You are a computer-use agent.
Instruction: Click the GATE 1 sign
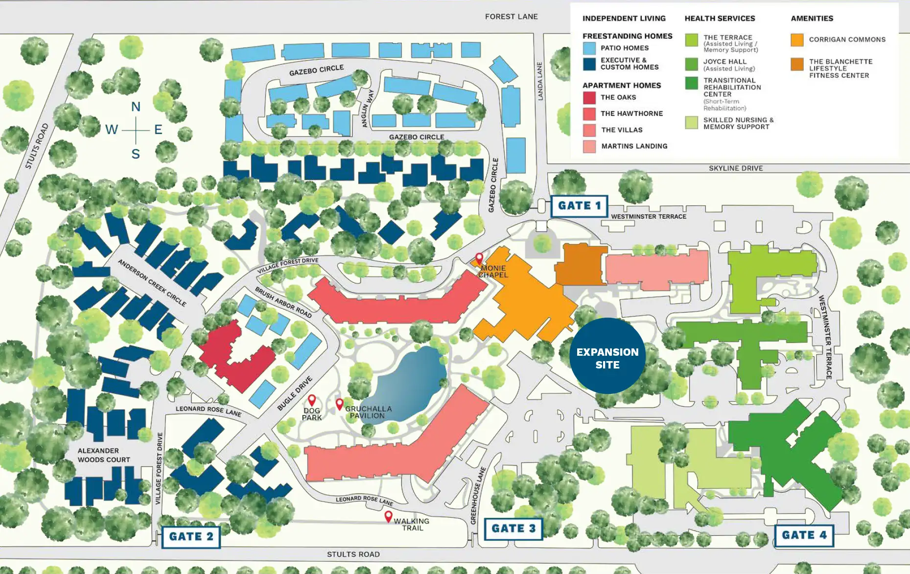(x=579, y=206)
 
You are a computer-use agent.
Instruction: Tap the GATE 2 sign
(x=191, y=536)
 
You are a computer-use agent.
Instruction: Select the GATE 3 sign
(x=513, y=528)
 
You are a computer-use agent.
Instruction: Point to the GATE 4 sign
(x=804, y=535)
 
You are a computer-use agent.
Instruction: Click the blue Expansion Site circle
(x=607, y=356)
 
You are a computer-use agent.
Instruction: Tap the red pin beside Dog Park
(x=312, y=400)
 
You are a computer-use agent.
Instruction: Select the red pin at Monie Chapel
(x=479, y=258)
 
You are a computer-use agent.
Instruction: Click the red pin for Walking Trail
(x=388, y=516)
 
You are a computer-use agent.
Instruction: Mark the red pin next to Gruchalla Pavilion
(x=339, y=404)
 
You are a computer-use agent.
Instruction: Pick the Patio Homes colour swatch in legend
(x=589, y=48)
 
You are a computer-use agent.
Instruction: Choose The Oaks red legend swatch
(x=589, y=97)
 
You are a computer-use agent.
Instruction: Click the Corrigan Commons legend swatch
(x=797, y=40)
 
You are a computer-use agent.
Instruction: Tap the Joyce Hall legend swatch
(x=691, y=64)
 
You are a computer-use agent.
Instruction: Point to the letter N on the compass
(x=136, y=107)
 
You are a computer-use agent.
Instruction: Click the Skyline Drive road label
(x=735, y=168)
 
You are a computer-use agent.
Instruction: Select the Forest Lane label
(x=511, y=17)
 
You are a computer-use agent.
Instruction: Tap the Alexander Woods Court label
(x=104, y=455)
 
